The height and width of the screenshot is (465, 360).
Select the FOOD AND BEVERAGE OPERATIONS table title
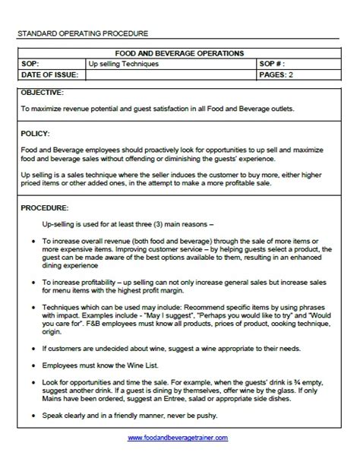[179, 54]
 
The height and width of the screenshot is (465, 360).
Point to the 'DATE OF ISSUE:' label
[46, 75]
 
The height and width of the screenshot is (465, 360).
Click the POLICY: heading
[35, 133]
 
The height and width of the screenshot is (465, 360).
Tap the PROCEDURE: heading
[45, 207]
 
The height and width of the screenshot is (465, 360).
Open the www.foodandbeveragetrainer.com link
[179, 439]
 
